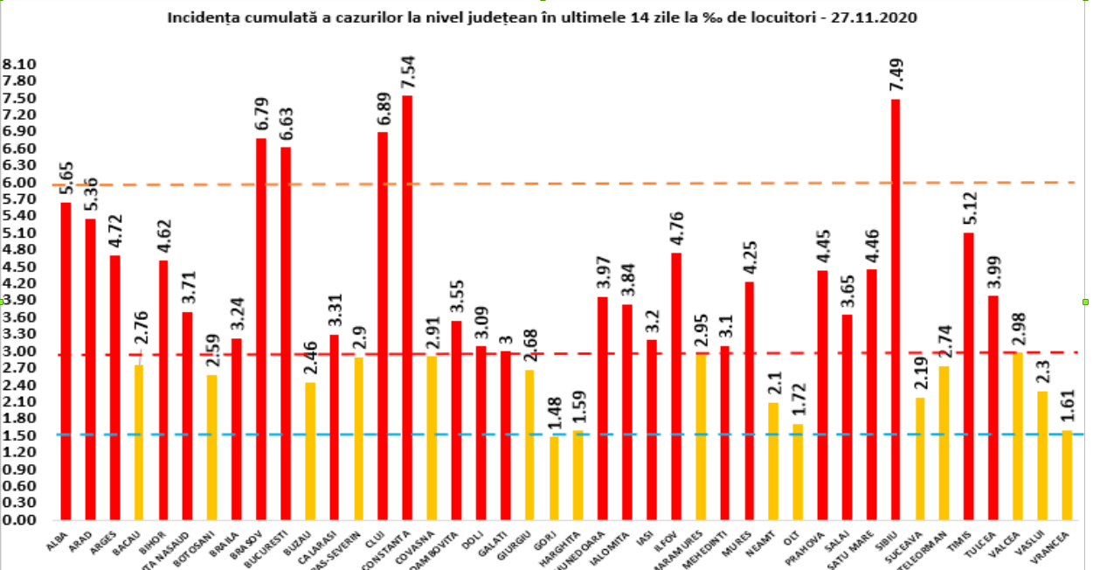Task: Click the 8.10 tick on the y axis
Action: coord(18,65)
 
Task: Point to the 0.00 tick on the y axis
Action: coord(18,520)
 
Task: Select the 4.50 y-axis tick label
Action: coord(18,267)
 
